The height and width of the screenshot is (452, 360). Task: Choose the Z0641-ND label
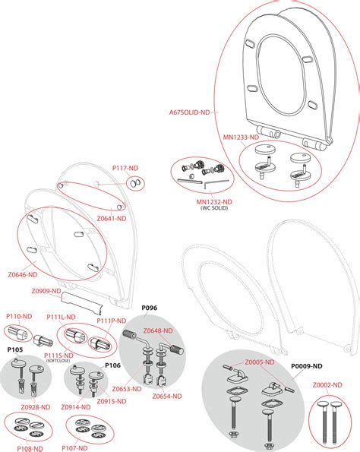tap(112, 217)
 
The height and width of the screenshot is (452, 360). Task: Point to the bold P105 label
tap(16, 350)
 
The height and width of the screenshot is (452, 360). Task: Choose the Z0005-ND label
tap(260, 362)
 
